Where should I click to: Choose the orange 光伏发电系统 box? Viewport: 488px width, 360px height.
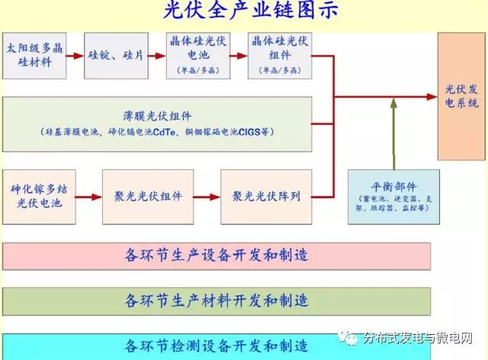(x=461, y=95)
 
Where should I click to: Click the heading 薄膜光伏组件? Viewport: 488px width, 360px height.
(x=157, y=114)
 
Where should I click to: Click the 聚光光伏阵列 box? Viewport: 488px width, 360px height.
(x=266, y=196)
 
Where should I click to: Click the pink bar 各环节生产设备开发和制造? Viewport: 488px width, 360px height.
(x=217, y=254)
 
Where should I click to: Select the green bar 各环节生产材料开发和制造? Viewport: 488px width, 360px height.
(x=217, y=298)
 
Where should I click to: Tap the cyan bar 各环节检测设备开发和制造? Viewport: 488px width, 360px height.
(x=217, y=346)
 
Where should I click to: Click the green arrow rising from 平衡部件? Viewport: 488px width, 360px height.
(x=394, y=137)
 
